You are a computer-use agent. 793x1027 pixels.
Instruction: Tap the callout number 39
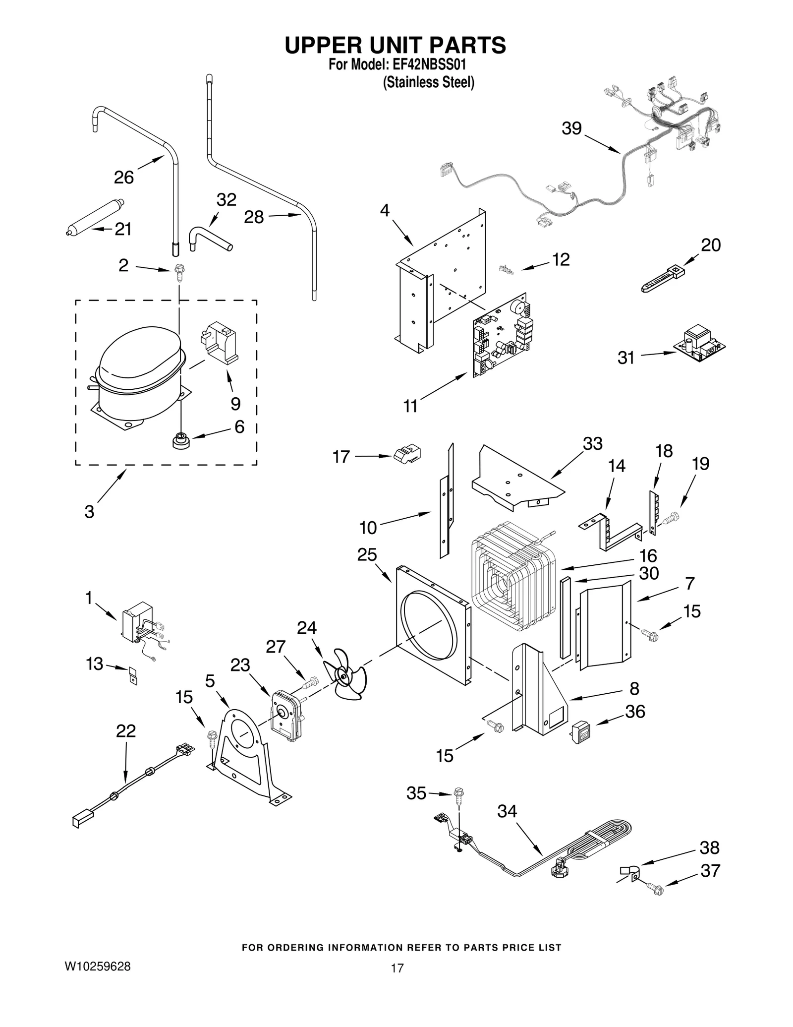click(571, 128)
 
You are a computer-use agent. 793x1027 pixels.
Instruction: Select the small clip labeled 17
click(407, 453)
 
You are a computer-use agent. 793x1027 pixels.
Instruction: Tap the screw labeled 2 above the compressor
click(179, 272)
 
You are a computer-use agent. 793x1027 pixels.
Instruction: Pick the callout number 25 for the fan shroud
click(367, 554)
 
